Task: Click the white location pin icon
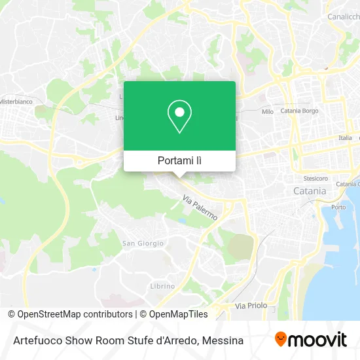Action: pos(179,117)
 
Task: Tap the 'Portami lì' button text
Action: pos(179,160)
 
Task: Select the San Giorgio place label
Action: pos(143,243)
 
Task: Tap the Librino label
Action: pos(162,286)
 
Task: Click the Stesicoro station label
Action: pos(315,178)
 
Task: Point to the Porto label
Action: pos(338,207)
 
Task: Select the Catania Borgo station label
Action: pos(299,111)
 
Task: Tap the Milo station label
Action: pos(267,112)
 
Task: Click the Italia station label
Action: pos(345,138)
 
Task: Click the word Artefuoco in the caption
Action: pos(35,340)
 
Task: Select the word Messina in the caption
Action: pos(223,340)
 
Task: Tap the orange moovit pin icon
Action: pos(281,339)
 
